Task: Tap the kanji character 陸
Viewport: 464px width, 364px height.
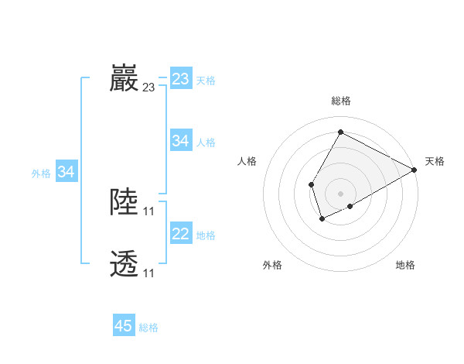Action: [x=125, y=202]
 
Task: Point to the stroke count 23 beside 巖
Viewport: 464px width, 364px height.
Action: [x=148, y=88]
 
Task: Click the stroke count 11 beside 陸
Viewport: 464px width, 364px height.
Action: [x=148, y=211]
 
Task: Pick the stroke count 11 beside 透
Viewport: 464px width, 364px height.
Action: [x=148, y=273]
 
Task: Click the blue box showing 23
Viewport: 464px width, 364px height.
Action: [x=181, y=79]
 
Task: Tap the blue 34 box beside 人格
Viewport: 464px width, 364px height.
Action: [x=181, y=141]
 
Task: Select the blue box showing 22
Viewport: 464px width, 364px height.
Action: [x=181, y=234]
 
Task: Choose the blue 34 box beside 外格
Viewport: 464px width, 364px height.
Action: [x=67, y=173]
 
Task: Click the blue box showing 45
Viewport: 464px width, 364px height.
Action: [x=124, y=326]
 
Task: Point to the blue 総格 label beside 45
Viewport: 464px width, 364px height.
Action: [x=149, y=328]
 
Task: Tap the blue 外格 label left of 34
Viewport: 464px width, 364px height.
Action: [x=41, y=173]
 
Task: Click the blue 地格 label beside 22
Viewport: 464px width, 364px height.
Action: [x=206, y=235]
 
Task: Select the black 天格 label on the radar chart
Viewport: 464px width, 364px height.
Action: [x=435, y=161]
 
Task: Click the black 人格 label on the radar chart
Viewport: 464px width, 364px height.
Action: [x=247, y=161]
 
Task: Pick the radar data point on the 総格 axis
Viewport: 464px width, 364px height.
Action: [x=340, y=132]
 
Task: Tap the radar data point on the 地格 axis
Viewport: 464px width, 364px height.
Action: [x=350, y=206]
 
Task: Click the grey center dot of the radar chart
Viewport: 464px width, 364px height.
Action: [x=340, y=193]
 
